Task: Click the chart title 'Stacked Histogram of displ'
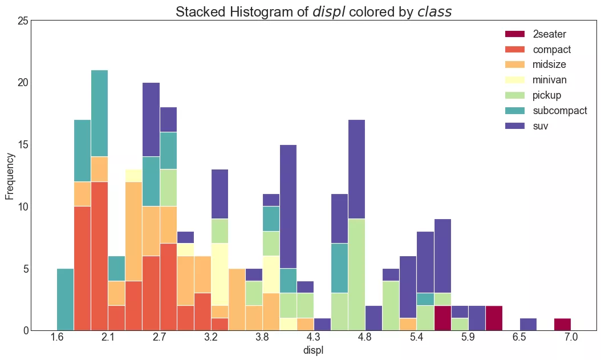313,12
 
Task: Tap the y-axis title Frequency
10,176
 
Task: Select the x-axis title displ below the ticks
314,351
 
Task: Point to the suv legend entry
540,126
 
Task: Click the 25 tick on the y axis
23,21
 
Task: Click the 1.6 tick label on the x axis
57,338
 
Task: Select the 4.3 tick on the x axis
314,338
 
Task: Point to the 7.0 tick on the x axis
571,338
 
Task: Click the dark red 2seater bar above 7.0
562,324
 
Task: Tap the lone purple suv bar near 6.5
528,324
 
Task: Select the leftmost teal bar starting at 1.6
66,300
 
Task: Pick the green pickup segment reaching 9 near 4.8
356,274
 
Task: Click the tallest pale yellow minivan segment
220,274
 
